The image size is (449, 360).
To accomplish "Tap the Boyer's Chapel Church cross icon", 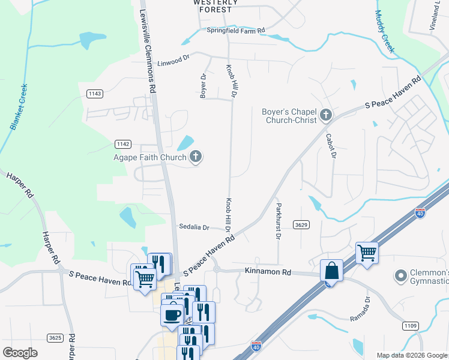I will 326,115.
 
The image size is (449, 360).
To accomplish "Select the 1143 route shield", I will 95,94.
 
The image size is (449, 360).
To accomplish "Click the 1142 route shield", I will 123,144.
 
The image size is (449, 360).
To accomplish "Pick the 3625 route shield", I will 55,338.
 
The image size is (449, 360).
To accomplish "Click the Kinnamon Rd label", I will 268,272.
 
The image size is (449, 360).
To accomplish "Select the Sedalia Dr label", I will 194,227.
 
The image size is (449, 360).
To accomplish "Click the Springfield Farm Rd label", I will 235,30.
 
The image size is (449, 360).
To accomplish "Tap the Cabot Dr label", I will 330,146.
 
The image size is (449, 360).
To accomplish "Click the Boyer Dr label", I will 203,86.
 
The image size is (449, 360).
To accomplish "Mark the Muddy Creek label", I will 384,31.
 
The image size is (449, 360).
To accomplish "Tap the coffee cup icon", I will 172,314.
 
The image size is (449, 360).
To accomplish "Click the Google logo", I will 20,353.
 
